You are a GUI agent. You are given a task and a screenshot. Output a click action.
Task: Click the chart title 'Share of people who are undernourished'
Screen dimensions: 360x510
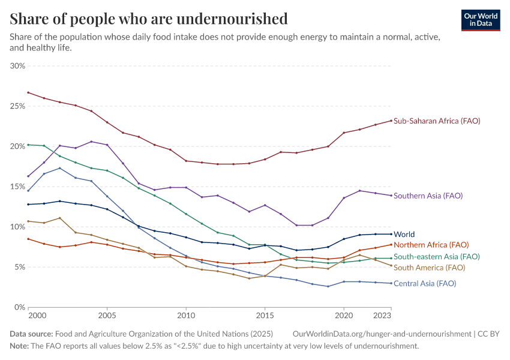pyautogui.click(x=149, y=19)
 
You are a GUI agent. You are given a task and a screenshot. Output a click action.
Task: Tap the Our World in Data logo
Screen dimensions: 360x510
pyautogui.click(x=480, y=19)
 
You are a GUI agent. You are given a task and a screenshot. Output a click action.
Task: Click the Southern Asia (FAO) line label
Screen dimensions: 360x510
pyautogui.click(x=428, y=196)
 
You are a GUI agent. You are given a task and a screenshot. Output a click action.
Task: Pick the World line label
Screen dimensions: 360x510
pyautogui.click(x=404, y=235)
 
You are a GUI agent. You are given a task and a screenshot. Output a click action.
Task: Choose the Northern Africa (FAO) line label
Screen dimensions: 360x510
pyautogui.click(x=431, y=245)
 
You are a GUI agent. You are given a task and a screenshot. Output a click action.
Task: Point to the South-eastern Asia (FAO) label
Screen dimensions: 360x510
pyautogui.click(x=436, y=257)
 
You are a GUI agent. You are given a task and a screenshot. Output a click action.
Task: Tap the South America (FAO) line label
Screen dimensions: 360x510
pyautogui.click(x=429, y=268)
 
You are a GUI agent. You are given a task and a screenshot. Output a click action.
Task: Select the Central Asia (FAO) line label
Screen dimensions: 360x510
pyautogui.click(x=425, y=283)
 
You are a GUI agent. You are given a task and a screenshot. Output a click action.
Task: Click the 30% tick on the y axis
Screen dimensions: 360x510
pyautogui.click(x=17, y=66)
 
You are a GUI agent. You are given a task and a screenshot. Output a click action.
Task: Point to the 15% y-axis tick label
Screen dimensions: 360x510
pyautogui.click(x=17, y=187)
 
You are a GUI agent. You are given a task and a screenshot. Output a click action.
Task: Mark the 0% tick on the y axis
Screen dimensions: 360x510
pyautogui.click(x=20, y=307)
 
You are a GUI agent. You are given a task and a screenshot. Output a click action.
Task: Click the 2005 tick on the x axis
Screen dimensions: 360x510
pyautogui.click(x=107, y=316)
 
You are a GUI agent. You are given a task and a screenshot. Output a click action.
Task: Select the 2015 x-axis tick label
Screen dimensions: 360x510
pyautogui.click(x=265, y=316)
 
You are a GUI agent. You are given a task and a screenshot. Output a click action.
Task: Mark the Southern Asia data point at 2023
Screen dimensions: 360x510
pyautogui.click(x=391, y=196)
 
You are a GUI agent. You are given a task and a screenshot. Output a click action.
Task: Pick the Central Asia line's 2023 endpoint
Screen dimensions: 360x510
pyautogui.click(x=391, y=283)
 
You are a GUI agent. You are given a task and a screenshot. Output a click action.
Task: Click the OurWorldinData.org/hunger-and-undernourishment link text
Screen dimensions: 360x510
pyautogui.click(x=382, y=334)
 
